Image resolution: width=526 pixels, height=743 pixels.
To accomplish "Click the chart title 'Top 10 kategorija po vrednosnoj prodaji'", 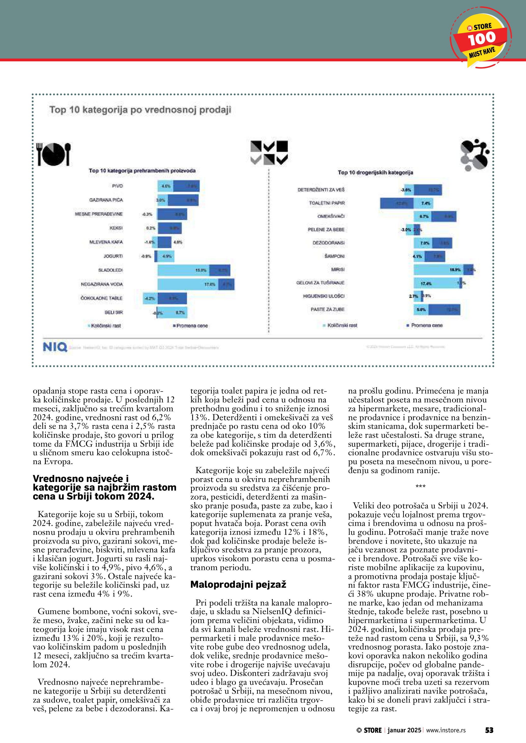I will click(140, 110).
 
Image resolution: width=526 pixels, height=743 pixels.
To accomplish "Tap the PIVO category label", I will click(117, 186).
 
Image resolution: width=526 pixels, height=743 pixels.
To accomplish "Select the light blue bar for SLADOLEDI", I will click(183, 270).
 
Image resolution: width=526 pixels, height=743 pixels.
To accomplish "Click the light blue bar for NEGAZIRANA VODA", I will click(188, 284).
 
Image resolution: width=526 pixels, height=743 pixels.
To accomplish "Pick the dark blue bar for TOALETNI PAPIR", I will click(397, 203).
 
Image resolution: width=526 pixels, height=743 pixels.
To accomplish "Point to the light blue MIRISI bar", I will click(438, 269).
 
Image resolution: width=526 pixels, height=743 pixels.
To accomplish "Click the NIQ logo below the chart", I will click(55, 347).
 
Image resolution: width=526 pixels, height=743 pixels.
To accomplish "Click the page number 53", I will click(489, 730).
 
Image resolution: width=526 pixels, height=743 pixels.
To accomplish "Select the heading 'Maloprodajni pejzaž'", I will click(238, 584).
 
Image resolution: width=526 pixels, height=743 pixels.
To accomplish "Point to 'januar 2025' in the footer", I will click(404, 730).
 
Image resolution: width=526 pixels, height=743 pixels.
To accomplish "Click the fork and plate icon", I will click(54, 154).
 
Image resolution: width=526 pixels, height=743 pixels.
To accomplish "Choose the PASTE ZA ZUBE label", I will click(328, 309).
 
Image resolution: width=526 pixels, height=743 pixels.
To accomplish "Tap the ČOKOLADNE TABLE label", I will click(101, 298).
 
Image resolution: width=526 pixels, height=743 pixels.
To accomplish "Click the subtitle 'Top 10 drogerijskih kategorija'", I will click(375, 173).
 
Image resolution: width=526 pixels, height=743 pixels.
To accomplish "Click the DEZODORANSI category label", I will click(329, 243).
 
